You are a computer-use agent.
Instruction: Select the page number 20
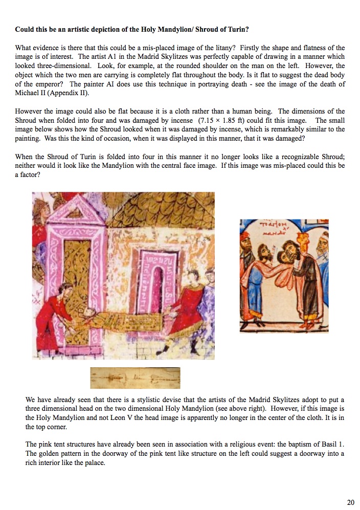(350, 502)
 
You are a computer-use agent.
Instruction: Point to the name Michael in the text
(26, 94)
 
